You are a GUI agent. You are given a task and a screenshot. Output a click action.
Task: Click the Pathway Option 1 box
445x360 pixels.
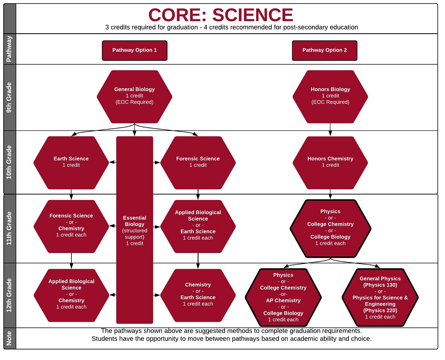click(135, 51)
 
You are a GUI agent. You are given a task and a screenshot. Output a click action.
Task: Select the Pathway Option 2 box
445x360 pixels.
click(324, 51)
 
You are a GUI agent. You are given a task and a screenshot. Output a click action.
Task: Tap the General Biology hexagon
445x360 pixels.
click(135, 97)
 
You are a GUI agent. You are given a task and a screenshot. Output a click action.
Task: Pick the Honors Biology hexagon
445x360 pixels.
click(330, 97)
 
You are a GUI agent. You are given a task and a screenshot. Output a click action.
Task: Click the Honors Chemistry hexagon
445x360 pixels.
click(330, 163)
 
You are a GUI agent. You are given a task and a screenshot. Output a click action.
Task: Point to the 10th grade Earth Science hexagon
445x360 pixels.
click(71, 163)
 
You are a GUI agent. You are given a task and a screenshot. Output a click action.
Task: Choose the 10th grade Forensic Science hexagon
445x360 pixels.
click(198, 163)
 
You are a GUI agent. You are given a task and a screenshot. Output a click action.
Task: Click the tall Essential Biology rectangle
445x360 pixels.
click(135, 230)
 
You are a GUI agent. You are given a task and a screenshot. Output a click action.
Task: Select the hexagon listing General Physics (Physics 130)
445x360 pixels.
click(380, 297)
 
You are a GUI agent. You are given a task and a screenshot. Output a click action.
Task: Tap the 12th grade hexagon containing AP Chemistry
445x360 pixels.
click(283, 297)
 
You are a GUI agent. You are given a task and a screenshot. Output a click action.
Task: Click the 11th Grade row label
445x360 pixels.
click(9, 228)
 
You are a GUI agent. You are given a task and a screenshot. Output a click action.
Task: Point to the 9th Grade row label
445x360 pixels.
click(9, 97)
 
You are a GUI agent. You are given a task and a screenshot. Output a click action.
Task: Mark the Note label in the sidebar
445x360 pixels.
click(9, 338)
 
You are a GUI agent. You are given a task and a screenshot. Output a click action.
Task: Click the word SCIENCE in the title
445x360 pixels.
click(253, 15)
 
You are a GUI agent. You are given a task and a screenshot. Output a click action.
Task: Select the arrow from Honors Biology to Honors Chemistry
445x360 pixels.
click(330, 130)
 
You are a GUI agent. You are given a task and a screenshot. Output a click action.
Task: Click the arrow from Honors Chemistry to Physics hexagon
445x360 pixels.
click(330, 194)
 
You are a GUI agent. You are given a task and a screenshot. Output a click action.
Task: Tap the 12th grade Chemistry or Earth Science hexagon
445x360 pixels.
click(198, 295)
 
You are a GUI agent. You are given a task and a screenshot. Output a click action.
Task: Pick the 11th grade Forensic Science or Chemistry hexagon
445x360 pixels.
click(71, 226)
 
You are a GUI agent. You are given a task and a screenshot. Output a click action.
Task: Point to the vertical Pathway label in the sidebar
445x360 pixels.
click(9, 49)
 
